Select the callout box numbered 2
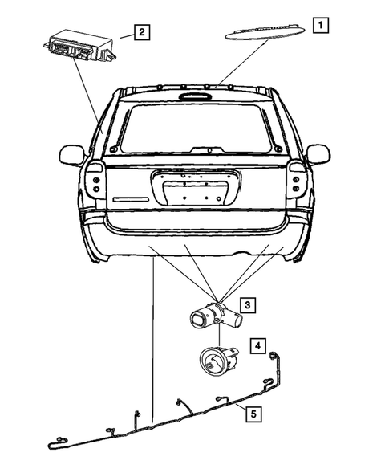[141, 32]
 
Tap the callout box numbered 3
[249, 304]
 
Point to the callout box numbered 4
[258, 346]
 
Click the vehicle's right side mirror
[318, 153]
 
